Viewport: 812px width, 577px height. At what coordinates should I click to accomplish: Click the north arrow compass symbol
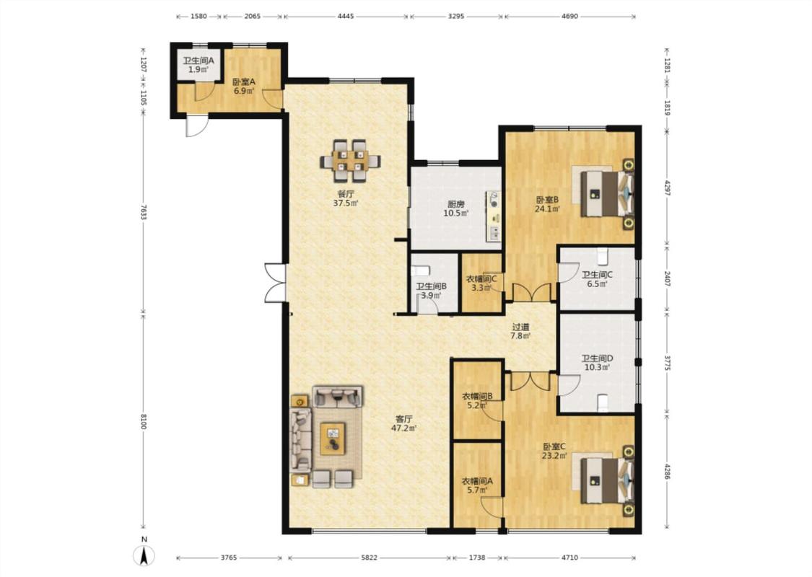coord(144,555)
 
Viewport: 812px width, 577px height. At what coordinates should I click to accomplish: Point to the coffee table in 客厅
coord(333,439)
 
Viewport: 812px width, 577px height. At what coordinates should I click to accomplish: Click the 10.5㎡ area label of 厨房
coord(455,213)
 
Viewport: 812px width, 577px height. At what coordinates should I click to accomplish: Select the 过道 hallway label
coord(521,327)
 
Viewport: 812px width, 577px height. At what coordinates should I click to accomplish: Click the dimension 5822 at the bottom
coord(370,558)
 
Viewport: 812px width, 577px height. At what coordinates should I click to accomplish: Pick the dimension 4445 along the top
coord(346,16)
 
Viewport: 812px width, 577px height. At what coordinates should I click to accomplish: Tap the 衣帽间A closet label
coord(478,481)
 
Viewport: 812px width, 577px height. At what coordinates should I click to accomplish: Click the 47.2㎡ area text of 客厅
coord(404,428)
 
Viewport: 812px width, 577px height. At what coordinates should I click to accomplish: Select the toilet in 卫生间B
coord(420,270)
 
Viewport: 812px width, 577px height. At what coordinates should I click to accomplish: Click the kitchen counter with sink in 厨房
coord(494,216)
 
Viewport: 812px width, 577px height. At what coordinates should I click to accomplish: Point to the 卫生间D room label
coord(597,358)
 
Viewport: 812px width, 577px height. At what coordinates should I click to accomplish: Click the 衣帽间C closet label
coord(481,279)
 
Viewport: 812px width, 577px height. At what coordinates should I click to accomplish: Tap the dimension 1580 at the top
coord(199,16)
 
